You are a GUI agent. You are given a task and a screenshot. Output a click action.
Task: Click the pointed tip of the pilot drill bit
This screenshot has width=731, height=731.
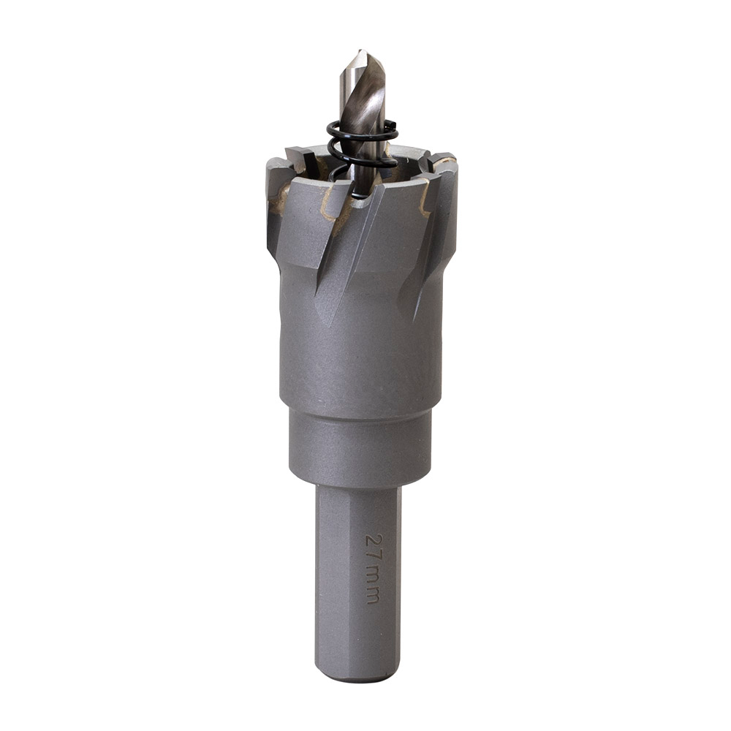tap(360, 50)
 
